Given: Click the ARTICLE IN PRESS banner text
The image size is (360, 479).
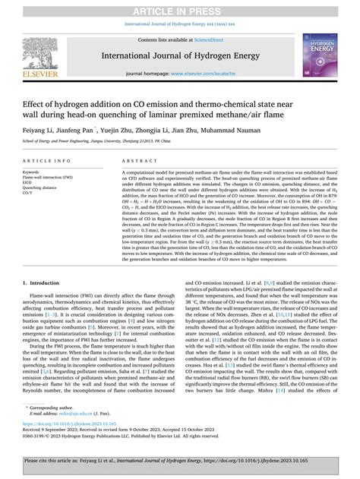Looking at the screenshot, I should pyautogui.click(x=179, y=6).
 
